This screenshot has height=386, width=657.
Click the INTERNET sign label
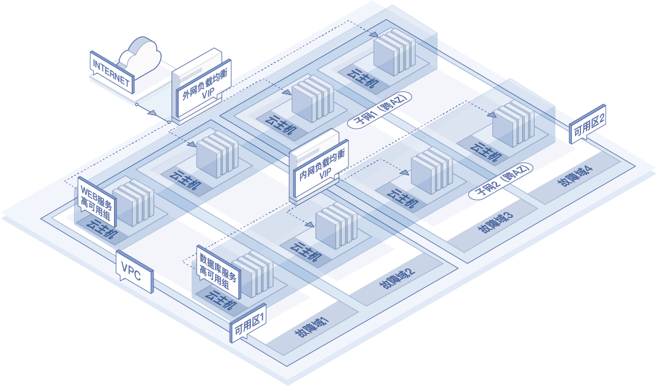tap(111, 72)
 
